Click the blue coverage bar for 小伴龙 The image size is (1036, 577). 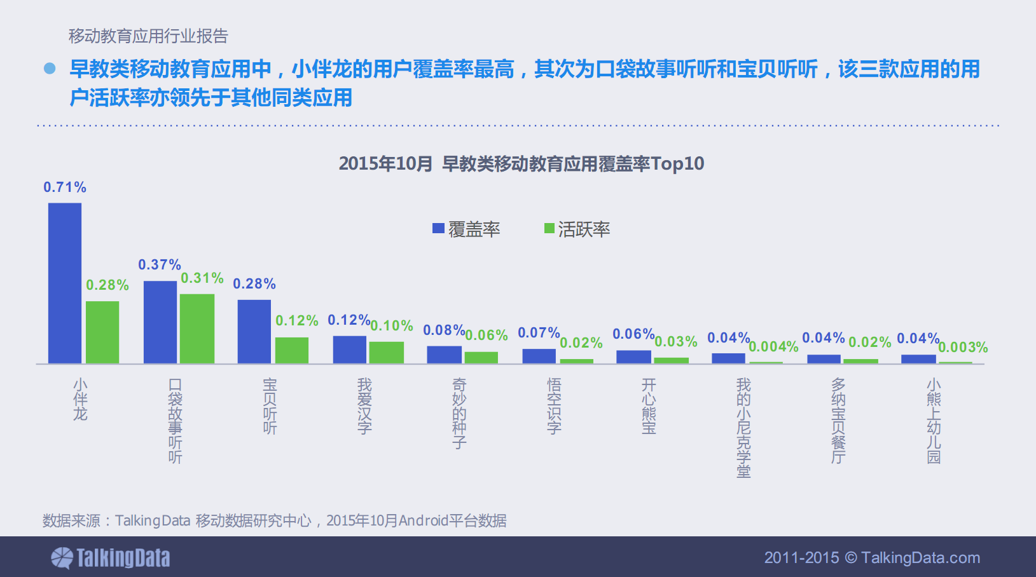tap(65, 283)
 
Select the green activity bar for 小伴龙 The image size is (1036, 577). tap(102, 332)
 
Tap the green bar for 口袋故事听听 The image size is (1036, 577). tap(197, 329)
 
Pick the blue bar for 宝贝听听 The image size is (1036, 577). tap(254, 332)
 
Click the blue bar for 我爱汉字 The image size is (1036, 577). tap(349, 350)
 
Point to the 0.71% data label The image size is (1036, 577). tap(64, 187)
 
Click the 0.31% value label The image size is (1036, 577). tap(202, 278)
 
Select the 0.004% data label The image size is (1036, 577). tap(773, 347)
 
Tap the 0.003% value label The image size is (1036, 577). tap(963, 348)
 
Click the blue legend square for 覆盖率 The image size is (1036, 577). tap(438, 229)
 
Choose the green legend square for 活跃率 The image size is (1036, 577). tap(549, 229)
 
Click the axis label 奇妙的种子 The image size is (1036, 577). tap(459, 413)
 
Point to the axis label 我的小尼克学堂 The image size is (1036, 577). tap(743, 427)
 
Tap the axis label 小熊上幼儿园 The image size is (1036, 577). tap(933, 421)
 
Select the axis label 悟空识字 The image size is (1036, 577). tap(554, 405)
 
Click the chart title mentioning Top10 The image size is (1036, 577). tap(521, 164)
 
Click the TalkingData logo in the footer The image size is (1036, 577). tap(111, 558)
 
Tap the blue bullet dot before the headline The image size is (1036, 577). tap(50, 69)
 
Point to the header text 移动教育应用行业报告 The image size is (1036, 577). tap(148, 36)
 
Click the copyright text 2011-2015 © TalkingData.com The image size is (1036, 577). tap(872, 558)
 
